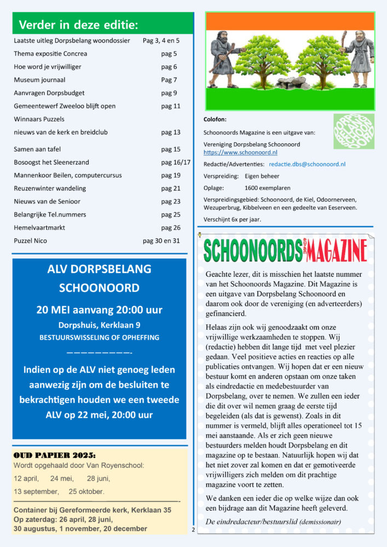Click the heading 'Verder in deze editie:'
tap(78, 25)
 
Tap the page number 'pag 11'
tap(171, 106)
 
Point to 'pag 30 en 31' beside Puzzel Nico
tap(161, 241)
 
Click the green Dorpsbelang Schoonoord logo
tap(354, 131)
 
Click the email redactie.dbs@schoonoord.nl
tap(307, 164)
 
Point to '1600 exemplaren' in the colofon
tap(267, 187)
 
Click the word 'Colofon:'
tap(215, 119)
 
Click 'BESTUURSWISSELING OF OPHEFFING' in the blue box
tap(99, 337)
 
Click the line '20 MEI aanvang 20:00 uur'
tap(99, 310)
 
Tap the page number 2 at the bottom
tap(193, 530)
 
